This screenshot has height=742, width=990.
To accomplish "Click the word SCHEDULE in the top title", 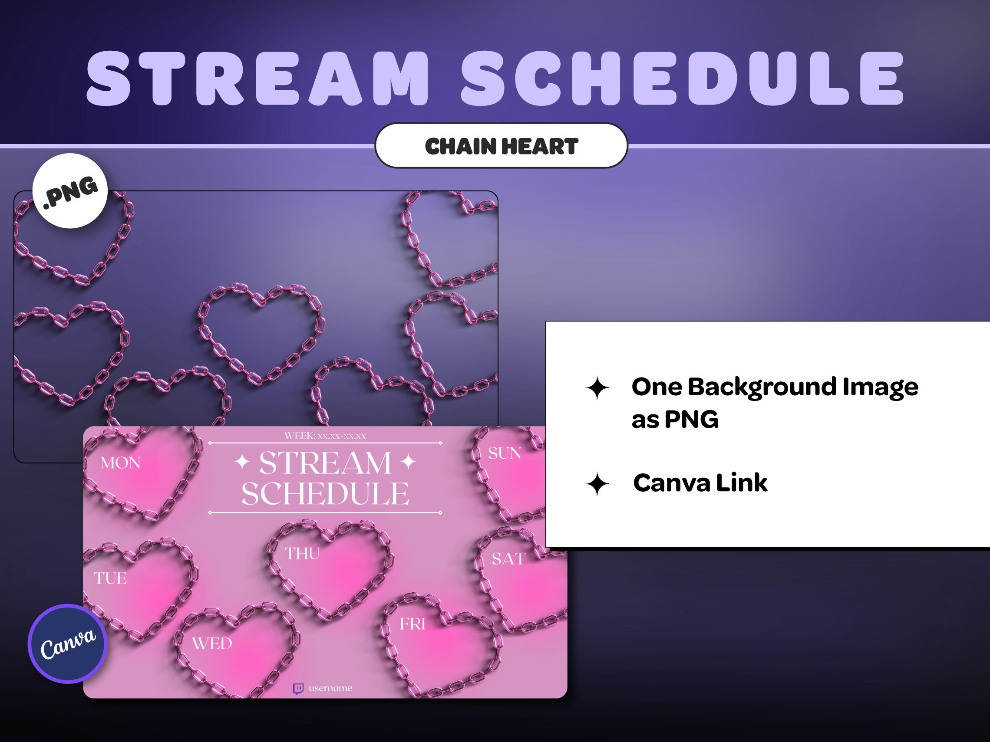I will coord(683,79).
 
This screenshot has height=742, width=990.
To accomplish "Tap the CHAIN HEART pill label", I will coord(501,146).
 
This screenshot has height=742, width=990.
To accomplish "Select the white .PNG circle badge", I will coord(70,191).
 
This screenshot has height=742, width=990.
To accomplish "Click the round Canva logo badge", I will coord(68,644).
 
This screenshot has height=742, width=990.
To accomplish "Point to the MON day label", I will coord(120,463).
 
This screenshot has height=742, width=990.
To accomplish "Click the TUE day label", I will coord(110,578).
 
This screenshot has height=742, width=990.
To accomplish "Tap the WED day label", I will coord(212,644).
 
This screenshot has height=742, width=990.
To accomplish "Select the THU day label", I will coord(303,554).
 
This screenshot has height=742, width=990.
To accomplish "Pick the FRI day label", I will coord(412,624).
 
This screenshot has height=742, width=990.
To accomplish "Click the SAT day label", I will coord(508,558).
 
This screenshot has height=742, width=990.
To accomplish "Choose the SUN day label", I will coord(505,453).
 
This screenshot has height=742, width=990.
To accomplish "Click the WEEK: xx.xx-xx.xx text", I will coord(325,436).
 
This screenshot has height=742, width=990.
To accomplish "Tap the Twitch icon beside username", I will coord(298,688).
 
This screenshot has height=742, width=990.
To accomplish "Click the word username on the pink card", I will coord(330,688).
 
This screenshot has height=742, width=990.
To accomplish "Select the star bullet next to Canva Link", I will coord(597,483).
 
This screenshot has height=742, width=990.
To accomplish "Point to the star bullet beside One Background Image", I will coord(597,388).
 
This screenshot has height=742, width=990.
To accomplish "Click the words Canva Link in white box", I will coord(700,483).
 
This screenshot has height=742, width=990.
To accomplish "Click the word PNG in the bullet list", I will coord(691,420).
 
